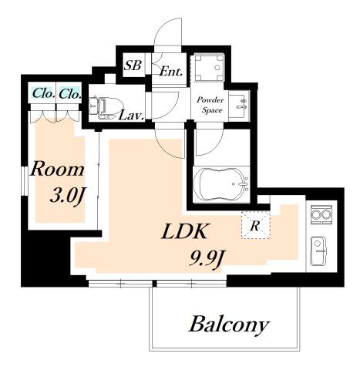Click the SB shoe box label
click(x=133, y=65)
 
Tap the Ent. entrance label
click(x=171, y=71)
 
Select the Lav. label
click(x=131, y=116)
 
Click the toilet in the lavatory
click(x=106, y=107)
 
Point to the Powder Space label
click(x=210, y=105)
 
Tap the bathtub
click(x=221, y=184)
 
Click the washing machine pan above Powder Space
click(x=209, y=68)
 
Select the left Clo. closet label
click(x=43, y=93)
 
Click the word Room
click(x=57, y=170)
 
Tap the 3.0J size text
click(x=68, y=197)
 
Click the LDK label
click(x=184, y=231)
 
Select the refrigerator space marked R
click(x=255, y=225)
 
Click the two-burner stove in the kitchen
click(x=321, y=214)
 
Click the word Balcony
click(x=229, y=325)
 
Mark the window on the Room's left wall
click(x=24, y=181)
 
